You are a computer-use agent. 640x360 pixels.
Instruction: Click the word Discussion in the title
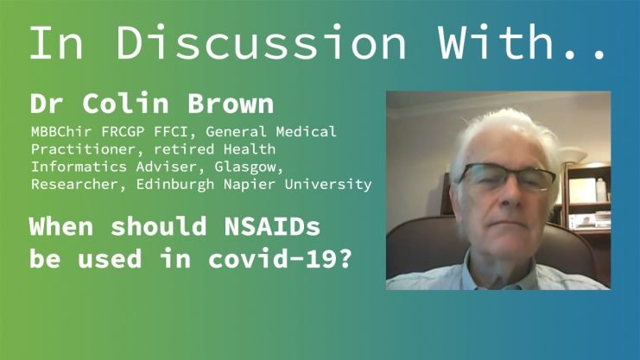coord(261,42)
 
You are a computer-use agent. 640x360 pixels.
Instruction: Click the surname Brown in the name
coord(231,104)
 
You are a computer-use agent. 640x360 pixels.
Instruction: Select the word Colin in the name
coord(126,104)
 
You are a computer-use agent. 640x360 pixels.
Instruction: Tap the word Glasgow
coord(245,167)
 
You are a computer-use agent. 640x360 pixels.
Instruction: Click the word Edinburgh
coord(175,184)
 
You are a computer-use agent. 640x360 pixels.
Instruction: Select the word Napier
coord(250,184)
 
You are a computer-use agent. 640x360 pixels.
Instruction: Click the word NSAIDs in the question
coord(272,226)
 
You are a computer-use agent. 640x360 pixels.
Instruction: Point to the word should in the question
coord(158,226)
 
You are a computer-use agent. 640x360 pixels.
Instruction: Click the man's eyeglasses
coord(507,176)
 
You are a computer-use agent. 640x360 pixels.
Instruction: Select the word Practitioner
coord(83,149)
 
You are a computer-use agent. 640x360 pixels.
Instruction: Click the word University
coord(328,185)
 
